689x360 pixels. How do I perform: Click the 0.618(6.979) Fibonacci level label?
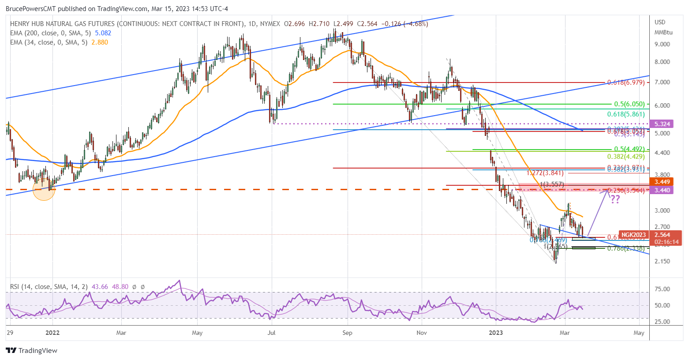coord(625,82)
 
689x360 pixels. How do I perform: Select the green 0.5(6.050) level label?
coord(629,104)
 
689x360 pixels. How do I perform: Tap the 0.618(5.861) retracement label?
coord(625,114)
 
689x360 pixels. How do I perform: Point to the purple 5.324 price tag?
coord(662,124)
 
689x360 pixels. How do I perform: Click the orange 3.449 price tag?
coord(662,182)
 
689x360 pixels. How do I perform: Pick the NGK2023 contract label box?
coord(634,235)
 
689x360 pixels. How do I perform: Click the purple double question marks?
coord(615,199)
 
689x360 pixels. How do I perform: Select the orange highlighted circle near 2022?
coord(44,189)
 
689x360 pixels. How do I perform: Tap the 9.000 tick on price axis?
coord(662,44)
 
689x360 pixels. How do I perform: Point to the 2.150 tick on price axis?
coord(662,261)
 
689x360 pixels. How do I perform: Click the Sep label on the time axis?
coord(347,333)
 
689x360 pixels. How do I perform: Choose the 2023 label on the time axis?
coord(496,333)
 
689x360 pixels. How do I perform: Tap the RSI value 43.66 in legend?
coord(101,287)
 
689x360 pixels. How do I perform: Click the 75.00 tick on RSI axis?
coord(662,289)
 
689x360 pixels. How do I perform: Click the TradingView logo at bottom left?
coord(31,350)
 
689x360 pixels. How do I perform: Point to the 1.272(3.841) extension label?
coord(545,173)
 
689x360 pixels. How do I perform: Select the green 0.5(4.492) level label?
coord(629,149)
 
